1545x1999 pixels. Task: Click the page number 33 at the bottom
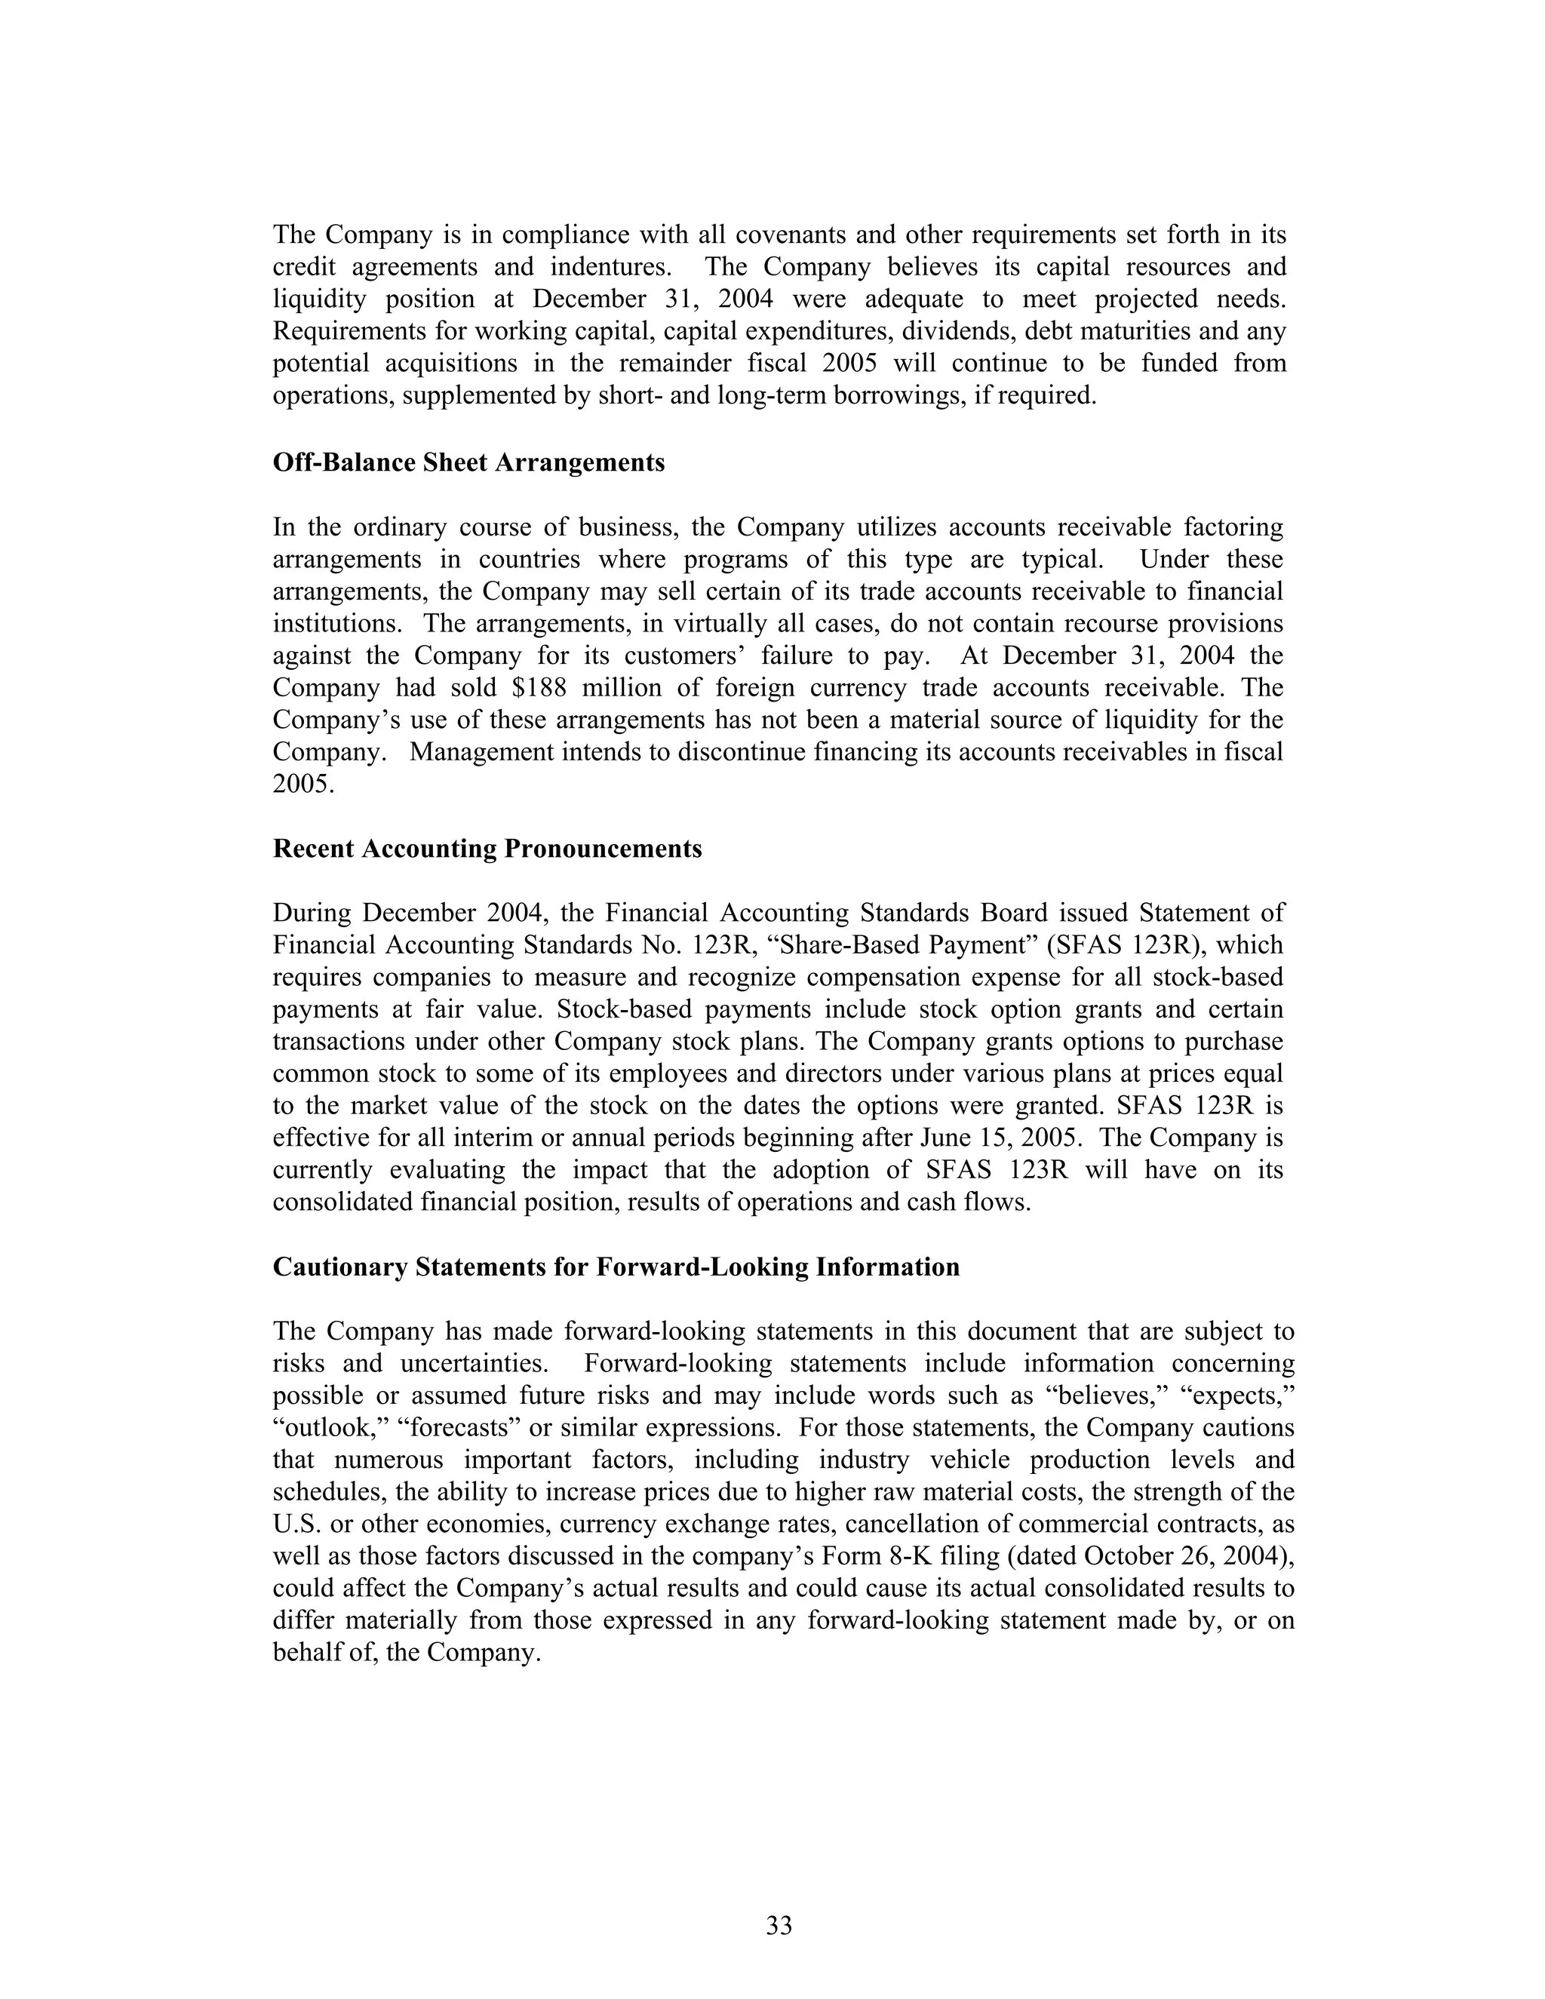point(779,1925)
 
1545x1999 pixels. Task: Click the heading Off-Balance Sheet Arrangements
point(468,462)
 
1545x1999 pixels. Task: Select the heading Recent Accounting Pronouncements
point(487,849)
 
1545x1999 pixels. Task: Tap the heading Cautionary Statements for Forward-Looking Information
point(616,1267)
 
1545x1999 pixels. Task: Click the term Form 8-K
point(871,1556)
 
